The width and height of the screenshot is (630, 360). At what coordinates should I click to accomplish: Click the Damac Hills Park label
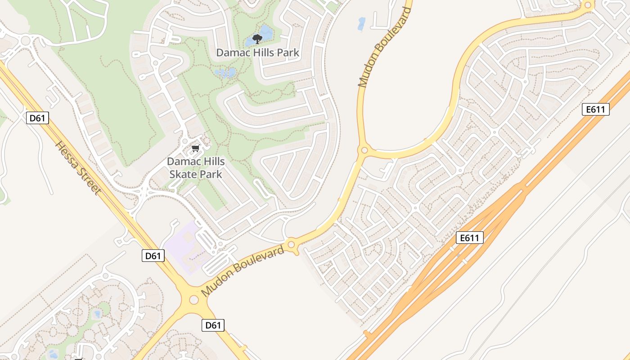(x=257, y=52)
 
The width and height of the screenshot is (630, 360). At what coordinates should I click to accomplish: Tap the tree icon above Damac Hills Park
(x=257, y=39)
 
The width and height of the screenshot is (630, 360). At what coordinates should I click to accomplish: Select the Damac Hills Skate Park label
(x=195, y=167)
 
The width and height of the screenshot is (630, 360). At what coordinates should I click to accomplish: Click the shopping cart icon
(x=195, y=148)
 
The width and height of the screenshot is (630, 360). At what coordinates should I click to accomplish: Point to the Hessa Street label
(x=78, y=168)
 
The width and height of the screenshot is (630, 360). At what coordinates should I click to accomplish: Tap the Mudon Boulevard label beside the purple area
(x=243, y=271)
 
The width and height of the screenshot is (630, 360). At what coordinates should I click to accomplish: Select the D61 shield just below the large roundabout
(x=213, y=325)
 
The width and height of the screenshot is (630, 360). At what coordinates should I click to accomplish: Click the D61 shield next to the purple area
(x=153, y=256)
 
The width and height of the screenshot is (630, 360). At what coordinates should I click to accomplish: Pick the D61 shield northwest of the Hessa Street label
(x=38, y=118)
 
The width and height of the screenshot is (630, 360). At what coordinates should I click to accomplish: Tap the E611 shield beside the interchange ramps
(x=469, y=238)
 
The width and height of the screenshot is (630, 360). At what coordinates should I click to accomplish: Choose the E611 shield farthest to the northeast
(x=595, y=109)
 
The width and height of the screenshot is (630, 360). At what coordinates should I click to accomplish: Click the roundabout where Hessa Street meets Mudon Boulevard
(x=194, y=299)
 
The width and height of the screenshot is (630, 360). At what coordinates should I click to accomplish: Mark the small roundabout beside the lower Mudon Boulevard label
(x=291, y=245)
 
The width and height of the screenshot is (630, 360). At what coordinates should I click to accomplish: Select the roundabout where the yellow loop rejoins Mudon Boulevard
(x=364, y=150)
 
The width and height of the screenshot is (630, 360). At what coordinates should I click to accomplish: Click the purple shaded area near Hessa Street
(x=184, y=245)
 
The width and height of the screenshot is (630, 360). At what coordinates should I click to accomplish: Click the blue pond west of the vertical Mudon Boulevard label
(x=361, y=24)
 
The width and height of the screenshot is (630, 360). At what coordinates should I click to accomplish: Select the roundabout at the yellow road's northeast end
(x=587, y=6)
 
